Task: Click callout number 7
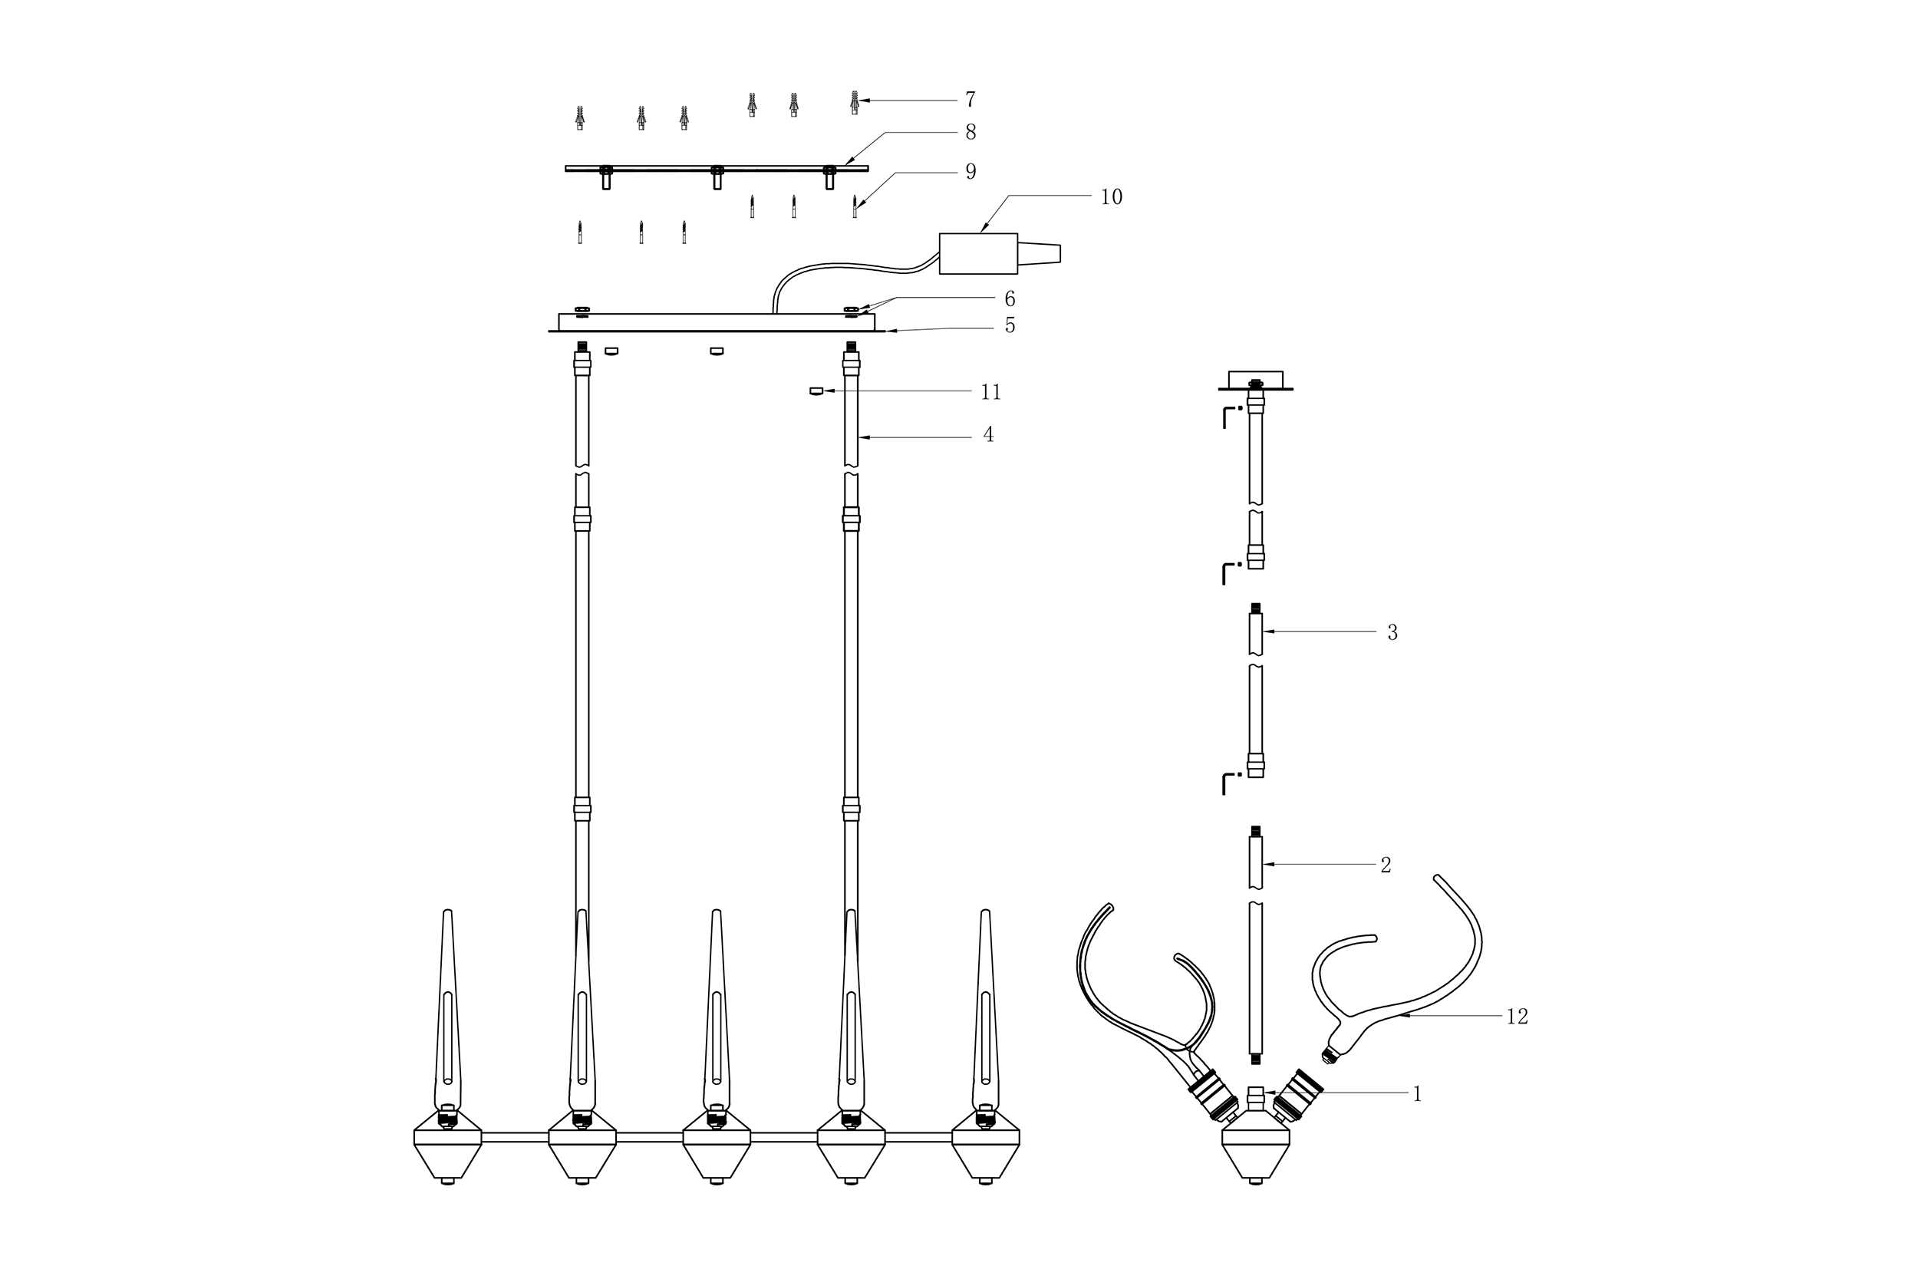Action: (970, 100)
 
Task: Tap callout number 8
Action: (971, 131)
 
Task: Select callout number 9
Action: (971, 171)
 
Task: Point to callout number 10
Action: (1112, 196)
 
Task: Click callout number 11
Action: (990, 392)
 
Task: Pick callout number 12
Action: (1517, 1017)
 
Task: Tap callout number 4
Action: (988, 435)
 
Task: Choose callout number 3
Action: (1392, 632)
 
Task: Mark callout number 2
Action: (1386, 865)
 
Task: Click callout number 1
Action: (1417, 1094)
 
